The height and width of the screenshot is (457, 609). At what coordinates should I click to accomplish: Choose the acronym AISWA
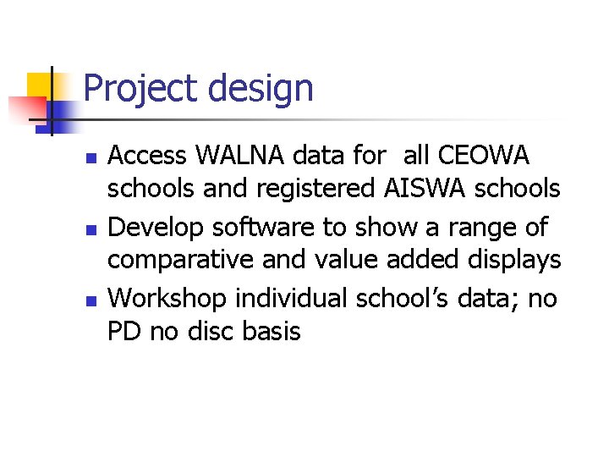click(424, 189)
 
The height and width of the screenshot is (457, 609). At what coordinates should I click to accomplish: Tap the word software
click(262, 228)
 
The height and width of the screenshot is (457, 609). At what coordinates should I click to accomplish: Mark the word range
click(489, 228)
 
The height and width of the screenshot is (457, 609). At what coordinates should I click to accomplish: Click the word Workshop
click(168, 298)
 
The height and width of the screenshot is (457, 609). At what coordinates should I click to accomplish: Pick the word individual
click(292, 298)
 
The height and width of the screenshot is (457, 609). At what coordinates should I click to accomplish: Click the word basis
click(272, 331)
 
